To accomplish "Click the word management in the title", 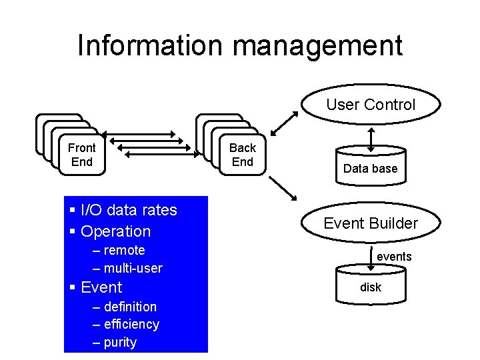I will (x=314, y=46).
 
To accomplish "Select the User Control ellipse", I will (x=371, y=105).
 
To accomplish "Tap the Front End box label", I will (x=82, y=155).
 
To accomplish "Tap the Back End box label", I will (x=243, y=155).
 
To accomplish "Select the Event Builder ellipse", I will (x=371, y=223).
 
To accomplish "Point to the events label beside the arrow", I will (x=394, y=257).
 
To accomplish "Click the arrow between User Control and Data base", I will (x=371, y=138).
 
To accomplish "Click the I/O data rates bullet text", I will (x=129, y=210).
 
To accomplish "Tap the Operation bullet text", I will (x=115, y=231).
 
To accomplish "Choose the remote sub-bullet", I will (x=124, y=251).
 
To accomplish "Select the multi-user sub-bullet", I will (x=133, y=268).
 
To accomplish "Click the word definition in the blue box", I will (x=130, y=307).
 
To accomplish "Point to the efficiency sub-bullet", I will (x=131, y=325).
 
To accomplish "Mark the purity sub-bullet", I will (x=120, y=343).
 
